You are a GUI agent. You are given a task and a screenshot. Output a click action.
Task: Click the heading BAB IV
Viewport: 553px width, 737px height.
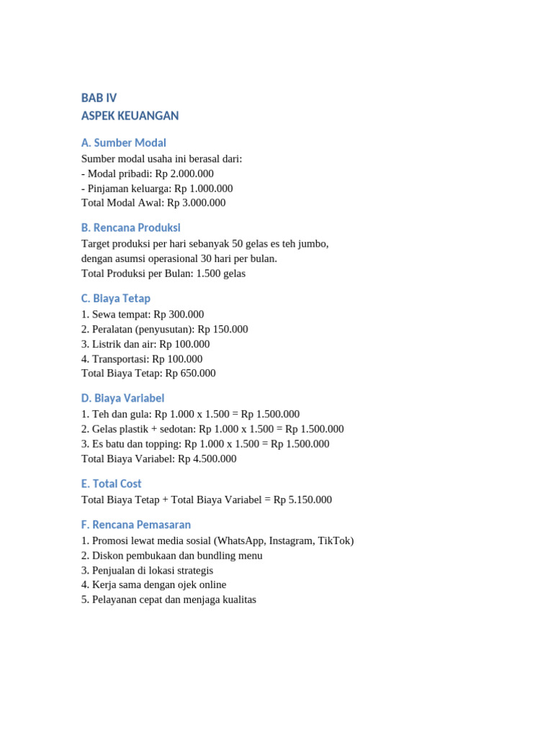99,98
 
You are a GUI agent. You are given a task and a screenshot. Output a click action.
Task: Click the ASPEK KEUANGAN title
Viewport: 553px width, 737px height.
130,116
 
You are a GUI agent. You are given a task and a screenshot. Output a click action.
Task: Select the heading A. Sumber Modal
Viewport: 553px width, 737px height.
124,143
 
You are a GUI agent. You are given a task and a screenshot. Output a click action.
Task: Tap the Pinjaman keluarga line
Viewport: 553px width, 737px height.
157,189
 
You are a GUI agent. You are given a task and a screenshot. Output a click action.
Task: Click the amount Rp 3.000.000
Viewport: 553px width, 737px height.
196,203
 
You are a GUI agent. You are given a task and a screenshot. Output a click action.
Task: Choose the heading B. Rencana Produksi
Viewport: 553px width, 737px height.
131,227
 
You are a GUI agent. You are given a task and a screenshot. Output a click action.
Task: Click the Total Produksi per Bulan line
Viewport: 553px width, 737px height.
163,273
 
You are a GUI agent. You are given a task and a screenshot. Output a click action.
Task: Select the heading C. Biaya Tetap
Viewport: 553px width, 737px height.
116,298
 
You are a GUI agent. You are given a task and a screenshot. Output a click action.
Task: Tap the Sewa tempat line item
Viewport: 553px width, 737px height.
143,315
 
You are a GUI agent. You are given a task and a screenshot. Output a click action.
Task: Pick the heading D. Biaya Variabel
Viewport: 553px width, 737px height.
123,398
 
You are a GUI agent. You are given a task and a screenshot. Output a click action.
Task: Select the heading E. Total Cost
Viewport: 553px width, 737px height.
112,484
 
